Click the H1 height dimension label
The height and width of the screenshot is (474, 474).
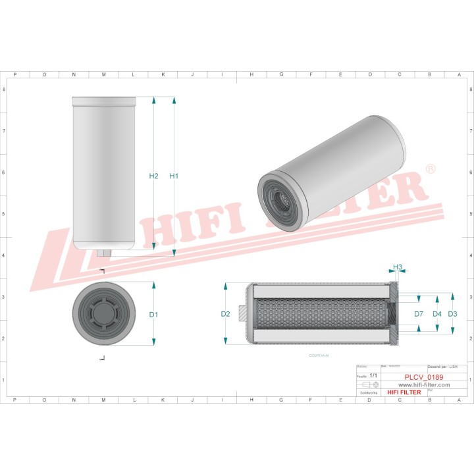pyautogui.click(x=174, y=176)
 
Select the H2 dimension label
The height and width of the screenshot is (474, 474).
pyautogui.click(x=153, y=176)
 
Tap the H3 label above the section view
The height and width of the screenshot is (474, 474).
pyautogui.click(x=398, y=267)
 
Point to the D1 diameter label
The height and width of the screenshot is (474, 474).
pyautogui.click(x=153, y=315)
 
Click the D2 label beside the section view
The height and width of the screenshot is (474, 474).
pyautogui.click(x=225, y=314)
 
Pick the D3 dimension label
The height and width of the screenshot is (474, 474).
pyautogui.click(x=452, y=314)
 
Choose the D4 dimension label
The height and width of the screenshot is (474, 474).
pyautogui.click(x=436, y=314)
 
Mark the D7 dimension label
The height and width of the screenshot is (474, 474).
pyautogui.click(x=419, y=314)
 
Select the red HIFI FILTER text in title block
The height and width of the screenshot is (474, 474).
pyautogui.click(x=404, y=392)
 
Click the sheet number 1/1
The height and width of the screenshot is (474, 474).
pyautogui.click(x=374, y=375)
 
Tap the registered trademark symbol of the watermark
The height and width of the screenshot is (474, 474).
pyautogui.click(x=430, y=170)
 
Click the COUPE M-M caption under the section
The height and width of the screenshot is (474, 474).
pyautogui.click(x=318, y=355)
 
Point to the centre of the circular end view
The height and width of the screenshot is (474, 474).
pyautogui.click(x=104, y=314)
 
